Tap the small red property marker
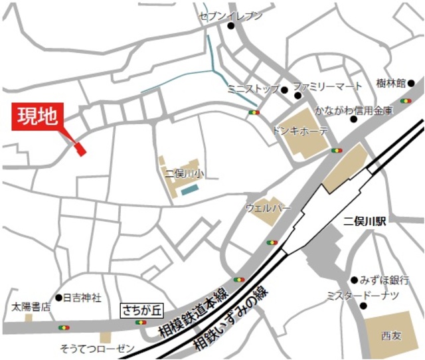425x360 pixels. [x=81, y=149]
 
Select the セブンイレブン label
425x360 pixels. [x=231, y=15]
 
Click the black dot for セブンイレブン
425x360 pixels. [x=231, y=27]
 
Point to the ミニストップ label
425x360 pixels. [x=252, y=88]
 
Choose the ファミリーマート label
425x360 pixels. [x=328, y=86]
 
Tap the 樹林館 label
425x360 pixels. [x=390, y=84]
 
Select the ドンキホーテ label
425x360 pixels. [x=300, y=130]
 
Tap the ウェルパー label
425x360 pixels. [x=268, y=208]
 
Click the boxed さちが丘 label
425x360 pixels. [x=140, y=309]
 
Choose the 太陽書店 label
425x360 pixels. [x=31, y=307]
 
